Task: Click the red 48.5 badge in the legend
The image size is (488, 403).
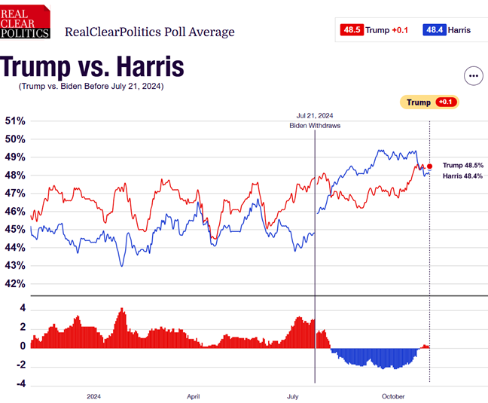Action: [x=351, y=30]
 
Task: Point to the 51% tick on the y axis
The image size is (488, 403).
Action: [x=15, y=121]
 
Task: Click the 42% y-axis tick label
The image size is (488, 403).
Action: [x=15, y=284]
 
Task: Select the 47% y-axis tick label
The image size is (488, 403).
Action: [x=15, y=194]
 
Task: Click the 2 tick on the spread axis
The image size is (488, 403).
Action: [x=23, y=327]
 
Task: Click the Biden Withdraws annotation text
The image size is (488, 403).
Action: [x=315, y=126]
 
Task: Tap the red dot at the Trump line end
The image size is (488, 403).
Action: [x=430, y=166]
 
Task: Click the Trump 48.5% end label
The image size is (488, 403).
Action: [x=462, y=165]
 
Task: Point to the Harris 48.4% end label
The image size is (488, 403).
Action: [x=462, y=176]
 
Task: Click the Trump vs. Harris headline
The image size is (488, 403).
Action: [x=93, y=66]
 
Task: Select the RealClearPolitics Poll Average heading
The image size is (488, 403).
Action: [x=150, y=32]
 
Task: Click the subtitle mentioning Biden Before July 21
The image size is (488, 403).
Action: [x=91, y=87]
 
